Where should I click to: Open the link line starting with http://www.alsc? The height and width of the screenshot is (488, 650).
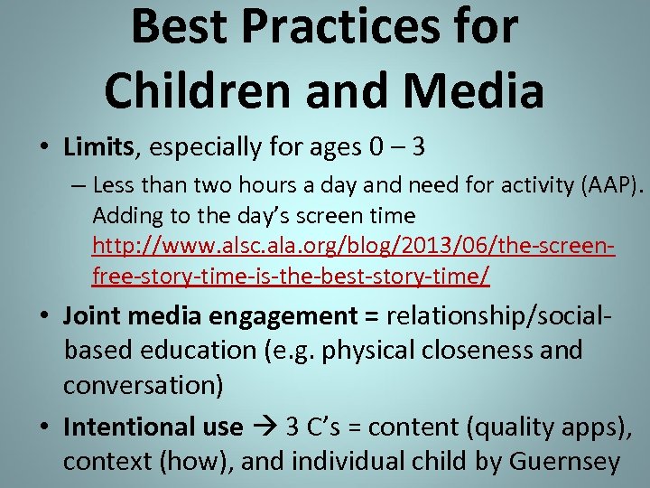(x=353, y=245)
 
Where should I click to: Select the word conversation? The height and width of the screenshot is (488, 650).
(x=143, y=384)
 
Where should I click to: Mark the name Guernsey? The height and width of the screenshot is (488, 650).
(x=564, y=462)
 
